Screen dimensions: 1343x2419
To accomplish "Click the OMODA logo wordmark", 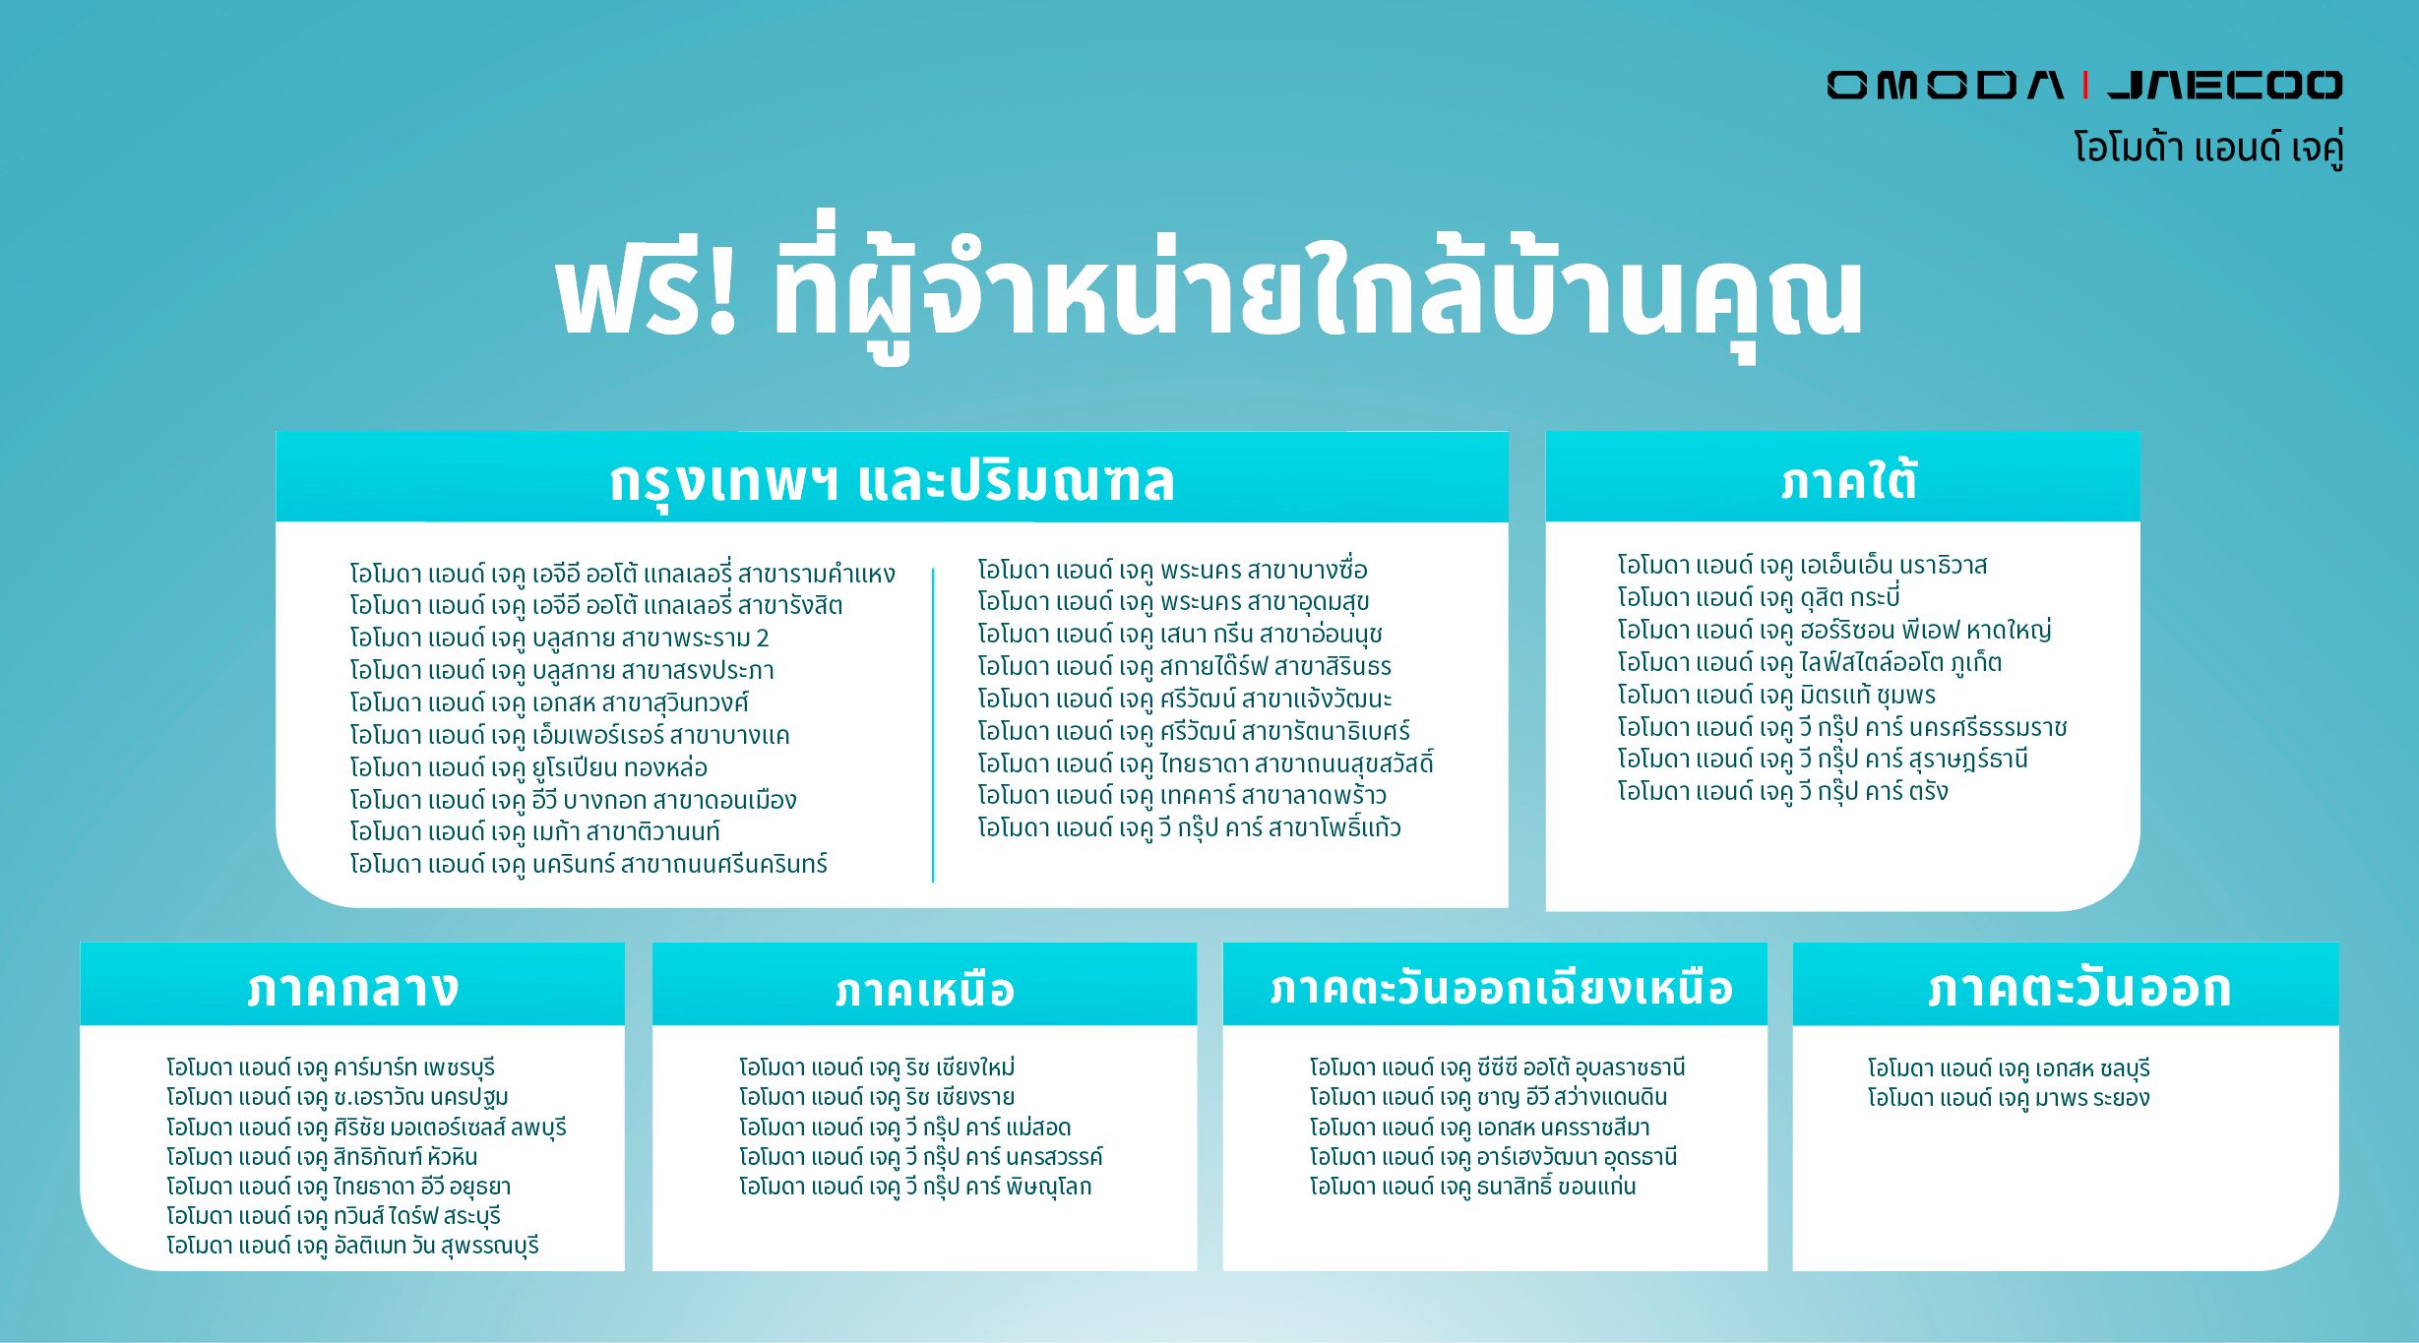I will point(1945,86).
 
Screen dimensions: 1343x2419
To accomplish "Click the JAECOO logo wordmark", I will point(2224,86).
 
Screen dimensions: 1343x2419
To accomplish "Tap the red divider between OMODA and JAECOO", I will point(2084,86).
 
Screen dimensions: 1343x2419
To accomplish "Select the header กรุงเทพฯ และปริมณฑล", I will point(892,481).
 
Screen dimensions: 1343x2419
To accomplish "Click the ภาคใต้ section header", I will point(1848,481).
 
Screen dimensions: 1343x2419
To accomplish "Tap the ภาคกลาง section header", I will point(352,988).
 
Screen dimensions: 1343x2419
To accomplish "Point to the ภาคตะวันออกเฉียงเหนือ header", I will point(1501,988).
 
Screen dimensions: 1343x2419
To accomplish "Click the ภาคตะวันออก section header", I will point(2078,988).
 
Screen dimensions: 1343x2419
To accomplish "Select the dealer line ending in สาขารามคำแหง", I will point(622,574).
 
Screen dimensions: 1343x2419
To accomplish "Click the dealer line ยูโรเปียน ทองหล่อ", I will point(528,767).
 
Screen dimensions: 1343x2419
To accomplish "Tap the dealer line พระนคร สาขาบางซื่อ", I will point(1172,570).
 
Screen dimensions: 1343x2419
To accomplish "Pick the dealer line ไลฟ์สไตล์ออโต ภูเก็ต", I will point(1809,662).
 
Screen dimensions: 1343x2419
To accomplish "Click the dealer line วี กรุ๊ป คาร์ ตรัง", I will point(1782,791).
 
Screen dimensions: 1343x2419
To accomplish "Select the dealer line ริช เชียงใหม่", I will point(877,1068).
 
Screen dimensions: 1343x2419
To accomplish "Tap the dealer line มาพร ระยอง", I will point(2008,1098).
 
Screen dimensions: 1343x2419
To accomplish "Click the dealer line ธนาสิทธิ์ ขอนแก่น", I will point(1472,1187).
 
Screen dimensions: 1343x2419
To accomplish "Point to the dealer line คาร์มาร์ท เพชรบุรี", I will point(331,1068).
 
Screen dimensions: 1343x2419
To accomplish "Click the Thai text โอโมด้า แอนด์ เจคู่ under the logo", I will point(2207,149).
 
